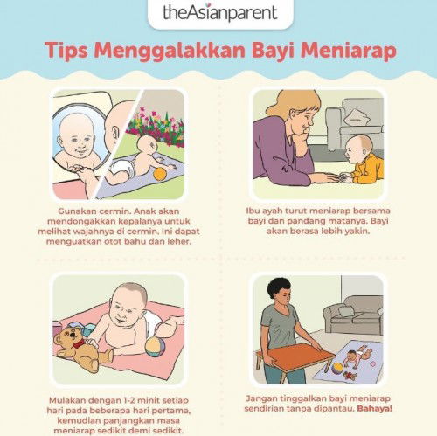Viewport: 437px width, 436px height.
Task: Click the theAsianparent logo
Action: click(220, 12)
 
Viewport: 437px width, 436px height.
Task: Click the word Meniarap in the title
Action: click(349, 50)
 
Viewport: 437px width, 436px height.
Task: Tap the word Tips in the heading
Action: click(66, 51)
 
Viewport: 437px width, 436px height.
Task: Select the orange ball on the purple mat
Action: click(160, 174)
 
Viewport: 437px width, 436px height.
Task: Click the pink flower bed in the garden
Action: click(156, 126)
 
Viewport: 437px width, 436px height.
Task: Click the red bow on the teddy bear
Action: click(79, 343)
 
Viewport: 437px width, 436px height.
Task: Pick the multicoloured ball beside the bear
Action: click(156, 348)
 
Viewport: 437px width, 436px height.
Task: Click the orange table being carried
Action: click(295, 356)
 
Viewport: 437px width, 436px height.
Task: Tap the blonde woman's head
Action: click(295, 112)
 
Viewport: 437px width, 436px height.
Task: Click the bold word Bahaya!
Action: click(375, 408)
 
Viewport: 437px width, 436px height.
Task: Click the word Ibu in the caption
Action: click(253, 211)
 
